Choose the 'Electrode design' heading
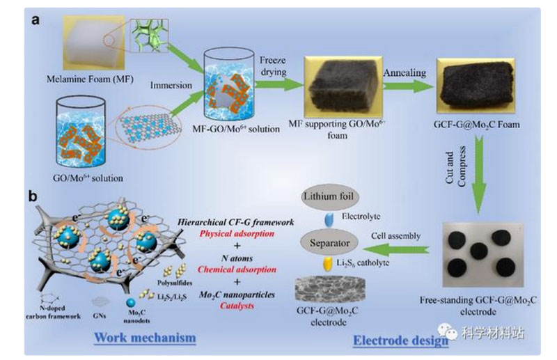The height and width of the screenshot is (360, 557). coord(391,341)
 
